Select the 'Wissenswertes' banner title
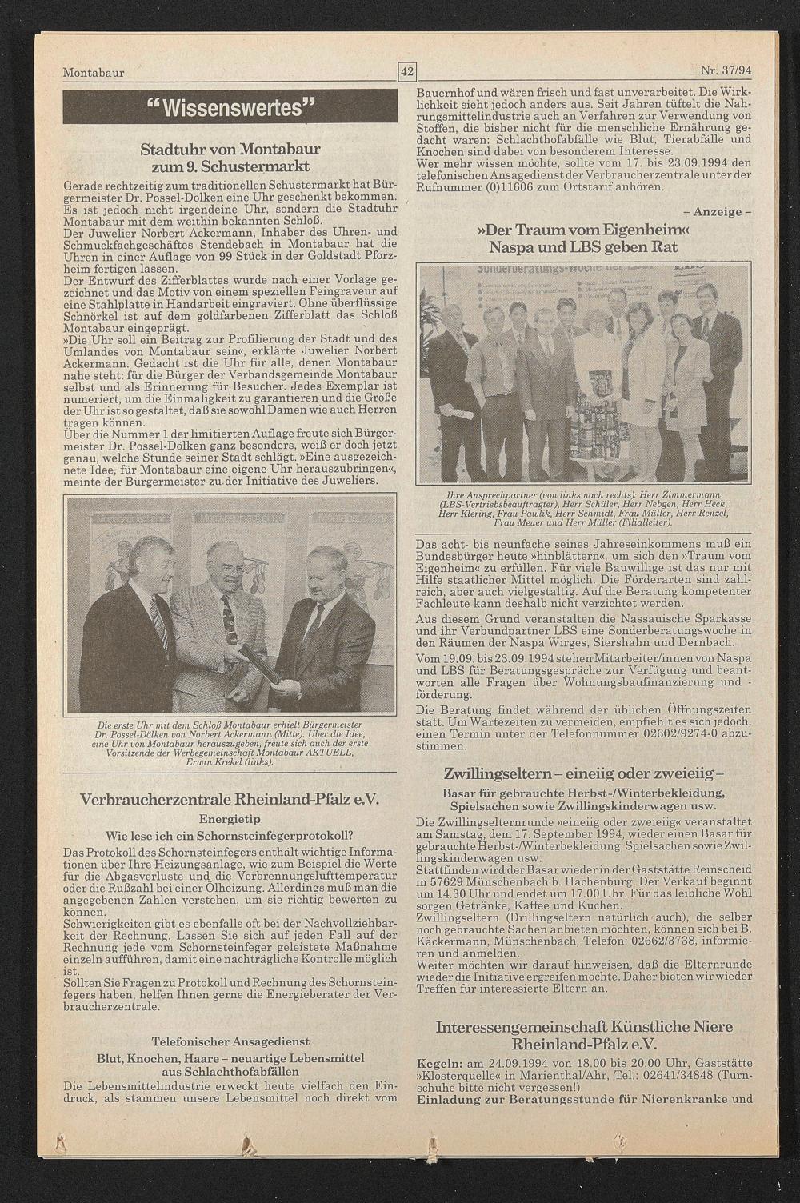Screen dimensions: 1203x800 coord(230,106)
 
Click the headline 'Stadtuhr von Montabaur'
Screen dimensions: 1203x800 coord(230,150)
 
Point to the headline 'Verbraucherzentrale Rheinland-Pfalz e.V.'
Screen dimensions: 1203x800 coord(230,801)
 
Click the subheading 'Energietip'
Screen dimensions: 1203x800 coord(230,818)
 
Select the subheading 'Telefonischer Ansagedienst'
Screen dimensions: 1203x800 coord(230,1042)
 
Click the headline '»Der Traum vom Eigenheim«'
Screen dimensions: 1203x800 coord(584,231)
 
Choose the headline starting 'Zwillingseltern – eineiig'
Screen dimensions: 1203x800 coord(584,773)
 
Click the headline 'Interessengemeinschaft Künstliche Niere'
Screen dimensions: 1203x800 coord(584,1026)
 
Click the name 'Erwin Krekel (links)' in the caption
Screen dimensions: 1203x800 coord(230,761)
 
